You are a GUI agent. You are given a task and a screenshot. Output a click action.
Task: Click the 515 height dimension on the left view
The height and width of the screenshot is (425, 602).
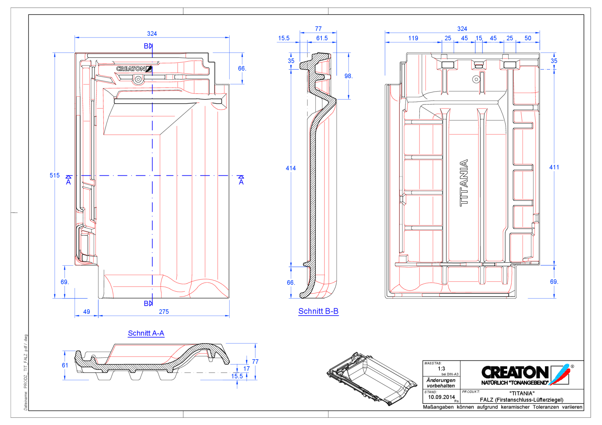click(x=55, y=175)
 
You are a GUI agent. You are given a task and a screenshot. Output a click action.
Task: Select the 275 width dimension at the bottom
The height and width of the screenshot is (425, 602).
click(x=164, y=312)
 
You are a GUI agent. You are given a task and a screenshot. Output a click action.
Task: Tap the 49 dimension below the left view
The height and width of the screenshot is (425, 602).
click(x=87, y=312)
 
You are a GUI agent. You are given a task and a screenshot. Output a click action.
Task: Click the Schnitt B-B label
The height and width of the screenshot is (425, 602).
click(x=318, y=311)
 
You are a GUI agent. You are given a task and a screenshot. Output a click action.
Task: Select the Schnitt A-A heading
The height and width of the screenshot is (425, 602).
click(x=146, y=333)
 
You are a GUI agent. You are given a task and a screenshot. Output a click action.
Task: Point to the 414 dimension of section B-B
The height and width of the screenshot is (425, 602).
click(x=290, y=168)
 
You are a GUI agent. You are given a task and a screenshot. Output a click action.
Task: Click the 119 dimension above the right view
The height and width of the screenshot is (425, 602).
click(x=413, y=38)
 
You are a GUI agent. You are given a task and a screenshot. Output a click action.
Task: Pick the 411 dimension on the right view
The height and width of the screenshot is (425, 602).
click(x=554, y=167)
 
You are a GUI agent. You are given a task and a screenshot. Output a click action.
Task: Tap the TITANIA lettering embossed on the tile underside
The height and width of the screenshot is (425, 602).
click(x=464, y=183)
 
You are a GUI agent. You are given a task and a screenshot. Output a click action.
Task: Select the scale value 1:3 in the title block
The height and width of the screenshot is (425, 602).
click(x=441, y=368)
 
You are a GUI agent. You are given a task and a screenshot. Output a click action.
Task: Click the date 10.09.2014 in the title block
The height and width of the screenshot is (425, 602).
click(x=441, y=397)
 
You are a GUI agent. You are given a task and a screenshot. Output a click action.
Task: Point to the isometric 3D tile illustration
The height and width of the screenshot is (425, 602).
click(x=372, y=379)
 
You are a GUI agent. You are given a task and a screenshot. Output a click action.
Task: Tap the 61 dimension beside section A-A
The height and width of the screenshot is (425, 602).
click(x=65, y=365)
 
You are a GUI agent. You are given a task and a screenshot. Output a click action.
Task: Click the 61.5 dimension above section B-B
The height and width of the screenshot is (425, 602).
click(x=322, y=38)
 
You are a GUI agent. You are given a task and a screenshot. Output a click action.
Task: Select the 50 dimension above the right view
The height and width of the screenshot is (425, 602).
click(x=527, y=38)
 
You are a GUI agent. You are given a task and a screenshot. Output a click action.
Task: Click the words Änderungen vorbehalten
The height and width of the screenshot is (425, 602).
click(x=441, y=383)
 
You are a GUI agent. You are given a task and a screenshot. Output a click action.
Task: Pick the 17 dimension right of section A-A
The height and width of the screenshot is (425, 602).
click(x=246, y=369)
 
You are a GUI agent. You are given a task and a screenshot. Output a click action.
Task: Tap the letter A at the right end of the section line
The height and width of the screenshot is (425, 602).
click(x=241, y=182)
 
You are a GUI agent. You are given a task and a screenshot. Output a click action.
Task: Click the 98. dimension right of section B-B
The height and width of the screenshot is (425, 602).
click(x=349, y=76)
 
